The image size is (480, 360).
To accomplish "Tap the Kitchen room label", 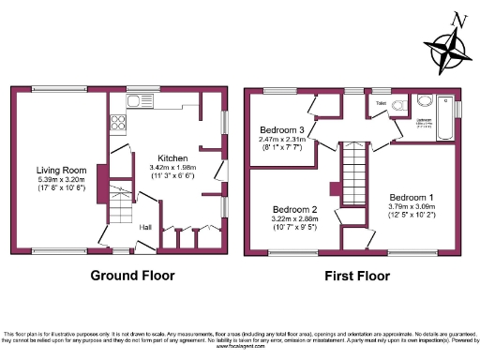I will click(172, 157).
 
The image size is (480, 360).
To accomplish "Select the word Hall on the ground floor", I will click(146, 227).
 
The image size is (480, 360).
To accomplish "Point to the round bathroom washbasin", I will click(423, 102).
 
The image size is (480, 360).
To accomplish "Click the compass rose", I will click(447, 47).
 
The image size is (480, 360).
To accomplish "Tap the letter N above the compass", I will click(457, 19).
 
